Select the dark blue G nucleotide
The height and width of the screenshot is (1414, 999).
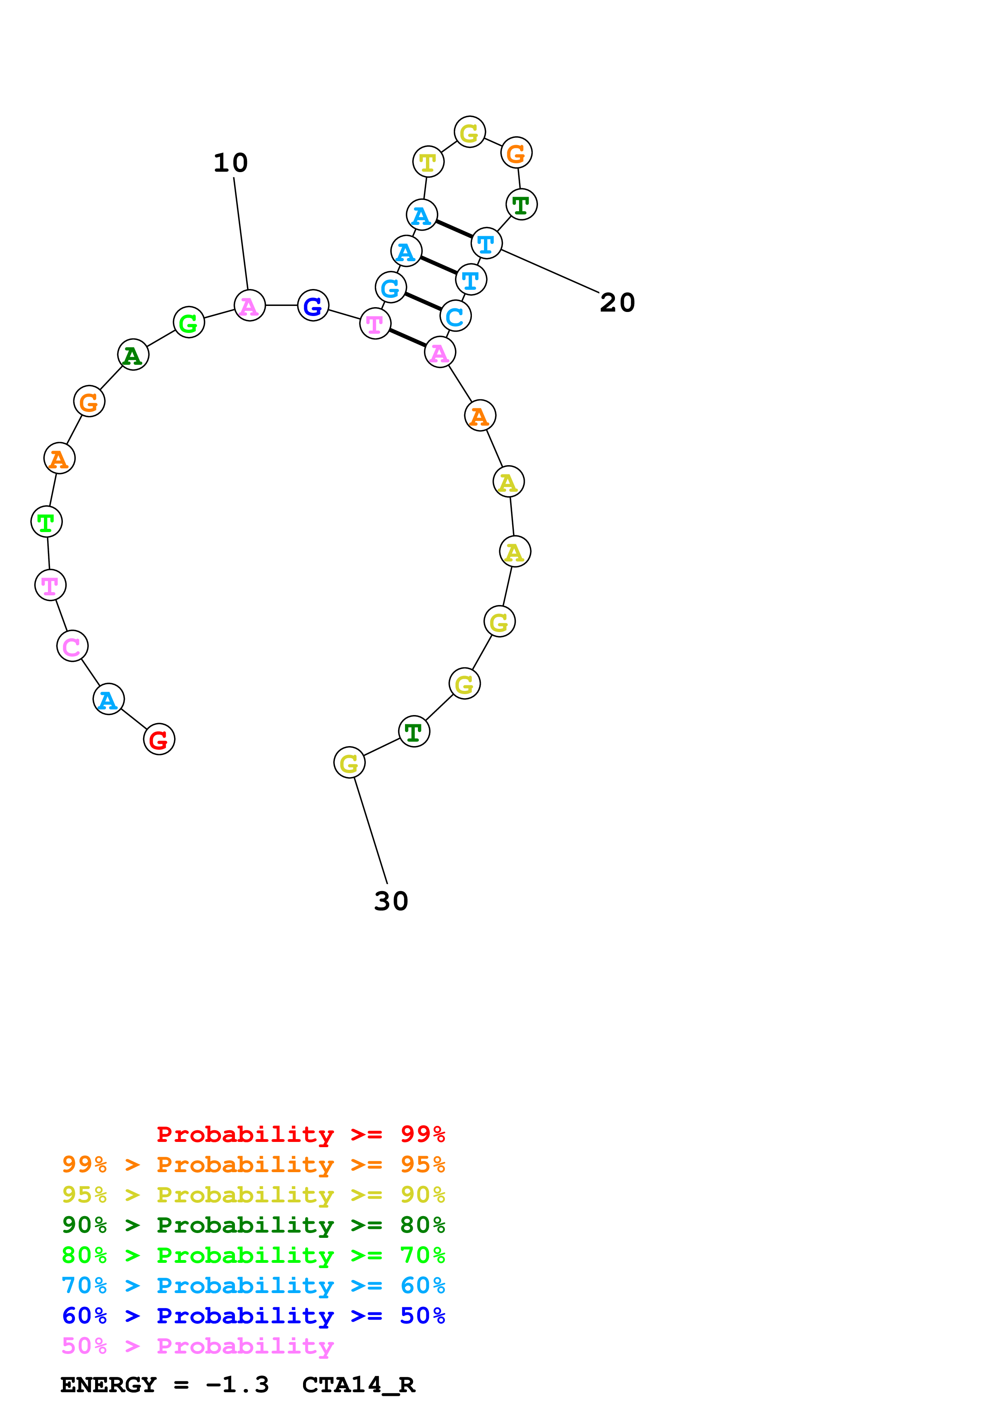[x=313, y=306]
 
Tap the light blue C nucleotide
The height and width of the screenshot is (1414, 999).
[x=455, y=316]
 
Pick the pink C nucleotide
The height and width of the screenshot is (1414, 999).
[x=72, y=646]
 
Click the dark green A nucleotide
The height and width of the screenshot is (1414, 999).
[x=133, y=356]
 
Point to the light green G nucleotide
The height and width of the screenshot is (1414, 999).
[x=188, y=322]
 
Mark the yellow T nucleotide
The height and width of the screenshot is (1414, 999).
[x=428, y=162]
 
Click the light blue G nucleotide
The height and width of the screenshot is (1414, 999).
[x=390, y=288]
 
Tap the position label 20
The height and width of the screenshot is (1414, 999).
[x=617, y=302]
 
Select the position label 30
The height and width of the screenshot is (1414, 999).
[x=391, y=901]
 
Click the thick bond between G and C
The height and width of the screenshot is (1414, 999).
[x=423, y=302]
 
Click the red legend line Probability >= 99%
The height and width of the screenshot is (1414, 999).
[x=300, y=1134]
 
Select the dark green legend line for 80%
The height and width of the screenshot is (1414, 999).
[x=253, y=1225]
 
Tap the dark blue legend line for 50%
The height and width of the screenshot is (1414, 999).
[x=253, y=1316]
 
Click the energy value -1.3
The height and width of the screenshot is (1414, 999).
[x=237, y=1385]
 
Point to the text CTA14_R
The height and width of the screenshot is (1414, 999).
[x=358, y=1385]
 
